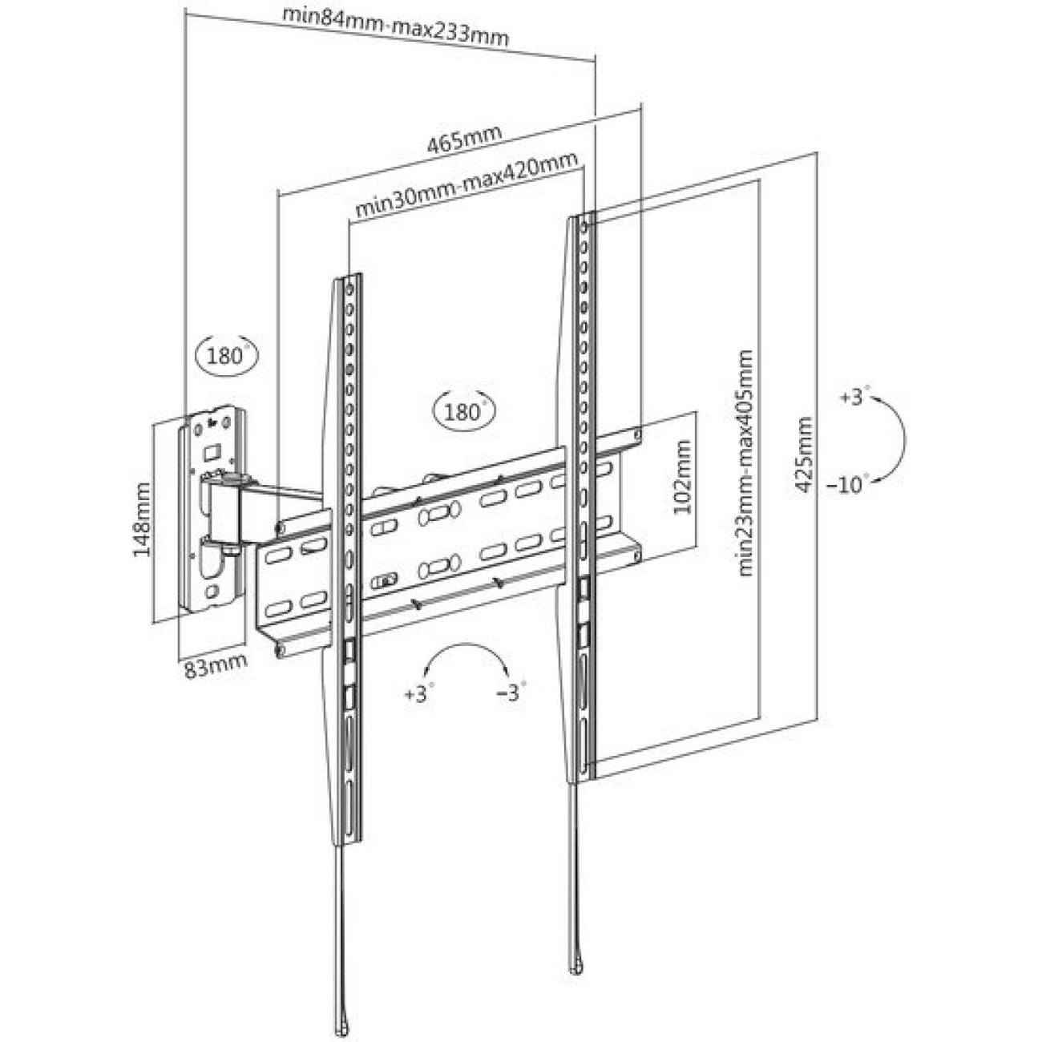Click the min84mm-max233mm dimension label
[x=396, y=26]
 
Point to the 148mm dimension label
[x=143, y=520]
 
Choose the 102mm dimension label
[x=681, y=478]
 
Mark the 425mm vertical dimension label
[x=802, y=454]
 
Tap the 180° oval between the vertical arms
[x=463, y=412]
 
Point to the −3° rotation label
[x=510, y=692]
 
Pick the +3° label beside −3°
[x=418, y=693]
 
